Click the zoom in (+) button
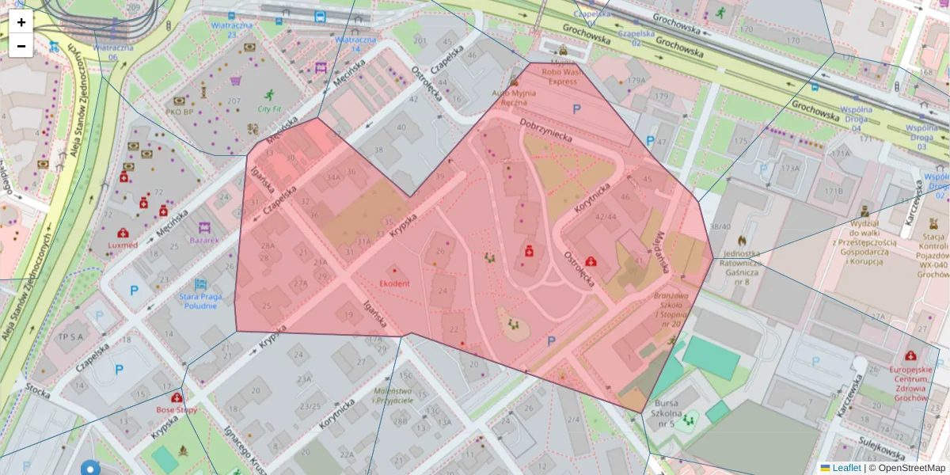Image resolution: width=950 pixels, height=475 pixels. pyautogui.click(x=21, y=22)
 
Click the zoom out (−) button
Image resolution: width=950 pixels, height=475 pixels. pyautogui.click(x=21, y=46)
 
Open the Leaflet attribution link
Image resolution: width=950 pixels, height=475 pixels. pyautogui.click(x=846, y=468)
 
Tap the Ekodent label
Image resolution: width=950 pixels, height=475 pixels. pyautogui.click(x=394, y=283)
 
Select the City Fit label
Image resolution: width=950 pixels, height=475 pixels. pyautogui.click(x=270, y=108)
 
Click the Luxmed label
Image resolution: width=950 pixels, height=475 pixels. pyautogui.click(x=123, y=245)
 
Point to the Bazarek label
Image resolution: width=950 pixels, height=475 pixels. pyautogui.click(x=204, y=239)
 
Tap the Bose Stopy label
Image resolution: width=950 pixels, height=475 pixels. pyautogui.click(x=176, y=410)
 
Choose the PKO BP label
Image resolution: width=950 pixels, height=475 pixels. pyautogui.click(x=179, y=112)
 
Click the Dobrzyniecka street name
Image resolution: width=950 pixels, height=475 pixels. pyautogui.click(x=545, y=131)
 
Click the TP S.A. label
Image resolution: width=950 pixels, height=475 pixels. pyautogui.click(x=70, y=336)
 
